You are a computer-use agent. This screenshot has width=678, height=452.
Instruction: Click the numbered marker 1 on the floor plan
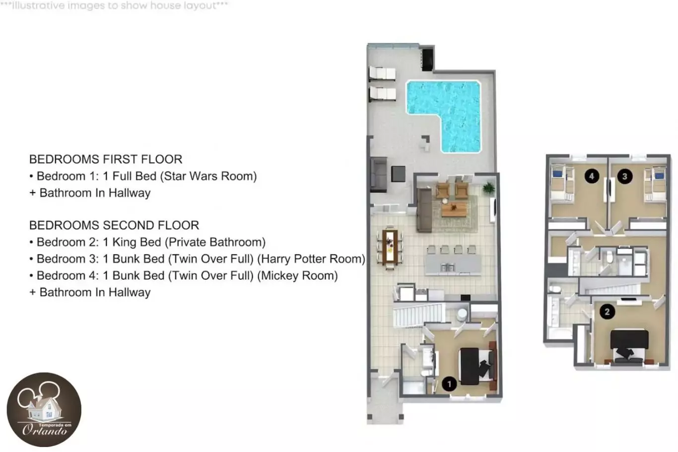[x=449, y=384]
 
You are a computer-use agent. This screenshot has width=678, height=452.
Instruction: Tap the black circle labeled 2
[x=607, y=312]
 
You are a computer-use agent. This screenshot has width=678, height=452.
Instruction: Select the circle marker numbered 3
[x=624, y=176]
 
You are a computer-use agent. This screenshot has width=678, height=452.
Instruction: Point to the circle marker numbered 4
[x=592, y=176]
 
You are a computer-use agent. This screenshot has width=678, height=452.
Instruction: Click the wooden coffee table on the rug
[x=454, y=209]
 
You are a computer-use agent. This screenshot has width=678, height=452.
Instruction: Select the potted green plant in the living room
[x=488, y=188]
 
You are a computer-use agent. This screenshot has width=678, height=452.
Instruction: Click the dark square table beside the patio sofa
[x=398, y=174]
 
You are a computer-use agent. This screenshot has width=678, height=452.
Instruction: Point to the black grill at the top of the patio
[x=428, y=60]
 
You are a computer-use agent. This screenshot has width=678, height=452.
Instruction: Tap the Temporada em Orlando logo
[x=44, y=410]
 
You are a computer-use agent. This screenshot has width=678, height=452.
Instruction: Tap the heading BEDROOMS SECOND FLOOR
[x=114, y=225]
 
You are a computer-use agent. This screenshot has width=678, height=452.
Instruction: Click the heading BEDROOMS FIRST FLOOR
[x=106, y=159]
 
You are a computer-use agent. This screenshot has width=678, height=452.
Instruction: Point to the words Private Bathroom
[x=215, y=242]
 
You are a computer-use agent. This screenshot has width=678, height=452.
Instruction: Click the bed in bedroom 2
[x=629, y=346]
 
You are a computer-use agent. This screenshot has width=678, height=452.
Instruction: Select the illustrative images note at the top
[x=114, y=5]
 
